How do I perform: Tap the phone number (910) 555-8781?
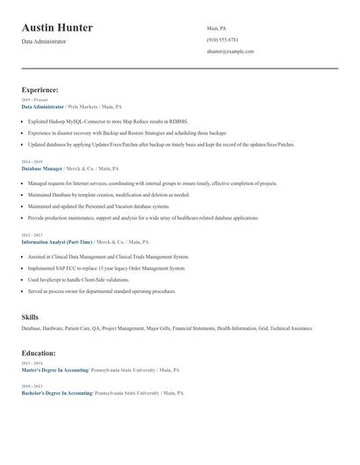[x=222, y=40]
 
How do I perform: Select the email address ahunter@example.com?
[x=230, y=52]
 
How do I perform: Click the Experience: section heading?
[x=40, y=89]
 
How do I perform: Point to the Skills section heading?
[x=30, y=316]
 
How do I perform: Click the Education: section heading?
[x=39, y=353]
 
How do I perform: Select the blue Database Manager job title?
[x=42, y=168]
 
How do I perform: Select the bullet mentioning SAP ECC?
[x=106, y=268]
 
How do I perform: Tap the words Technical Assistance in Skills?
[x=291, y=328]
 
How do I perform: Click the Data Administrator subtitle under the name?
[x=44, y=41]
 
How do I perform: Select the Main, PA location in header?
[x=216, y=28]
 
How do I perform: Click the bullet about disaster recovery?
[x=126, y=133]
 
